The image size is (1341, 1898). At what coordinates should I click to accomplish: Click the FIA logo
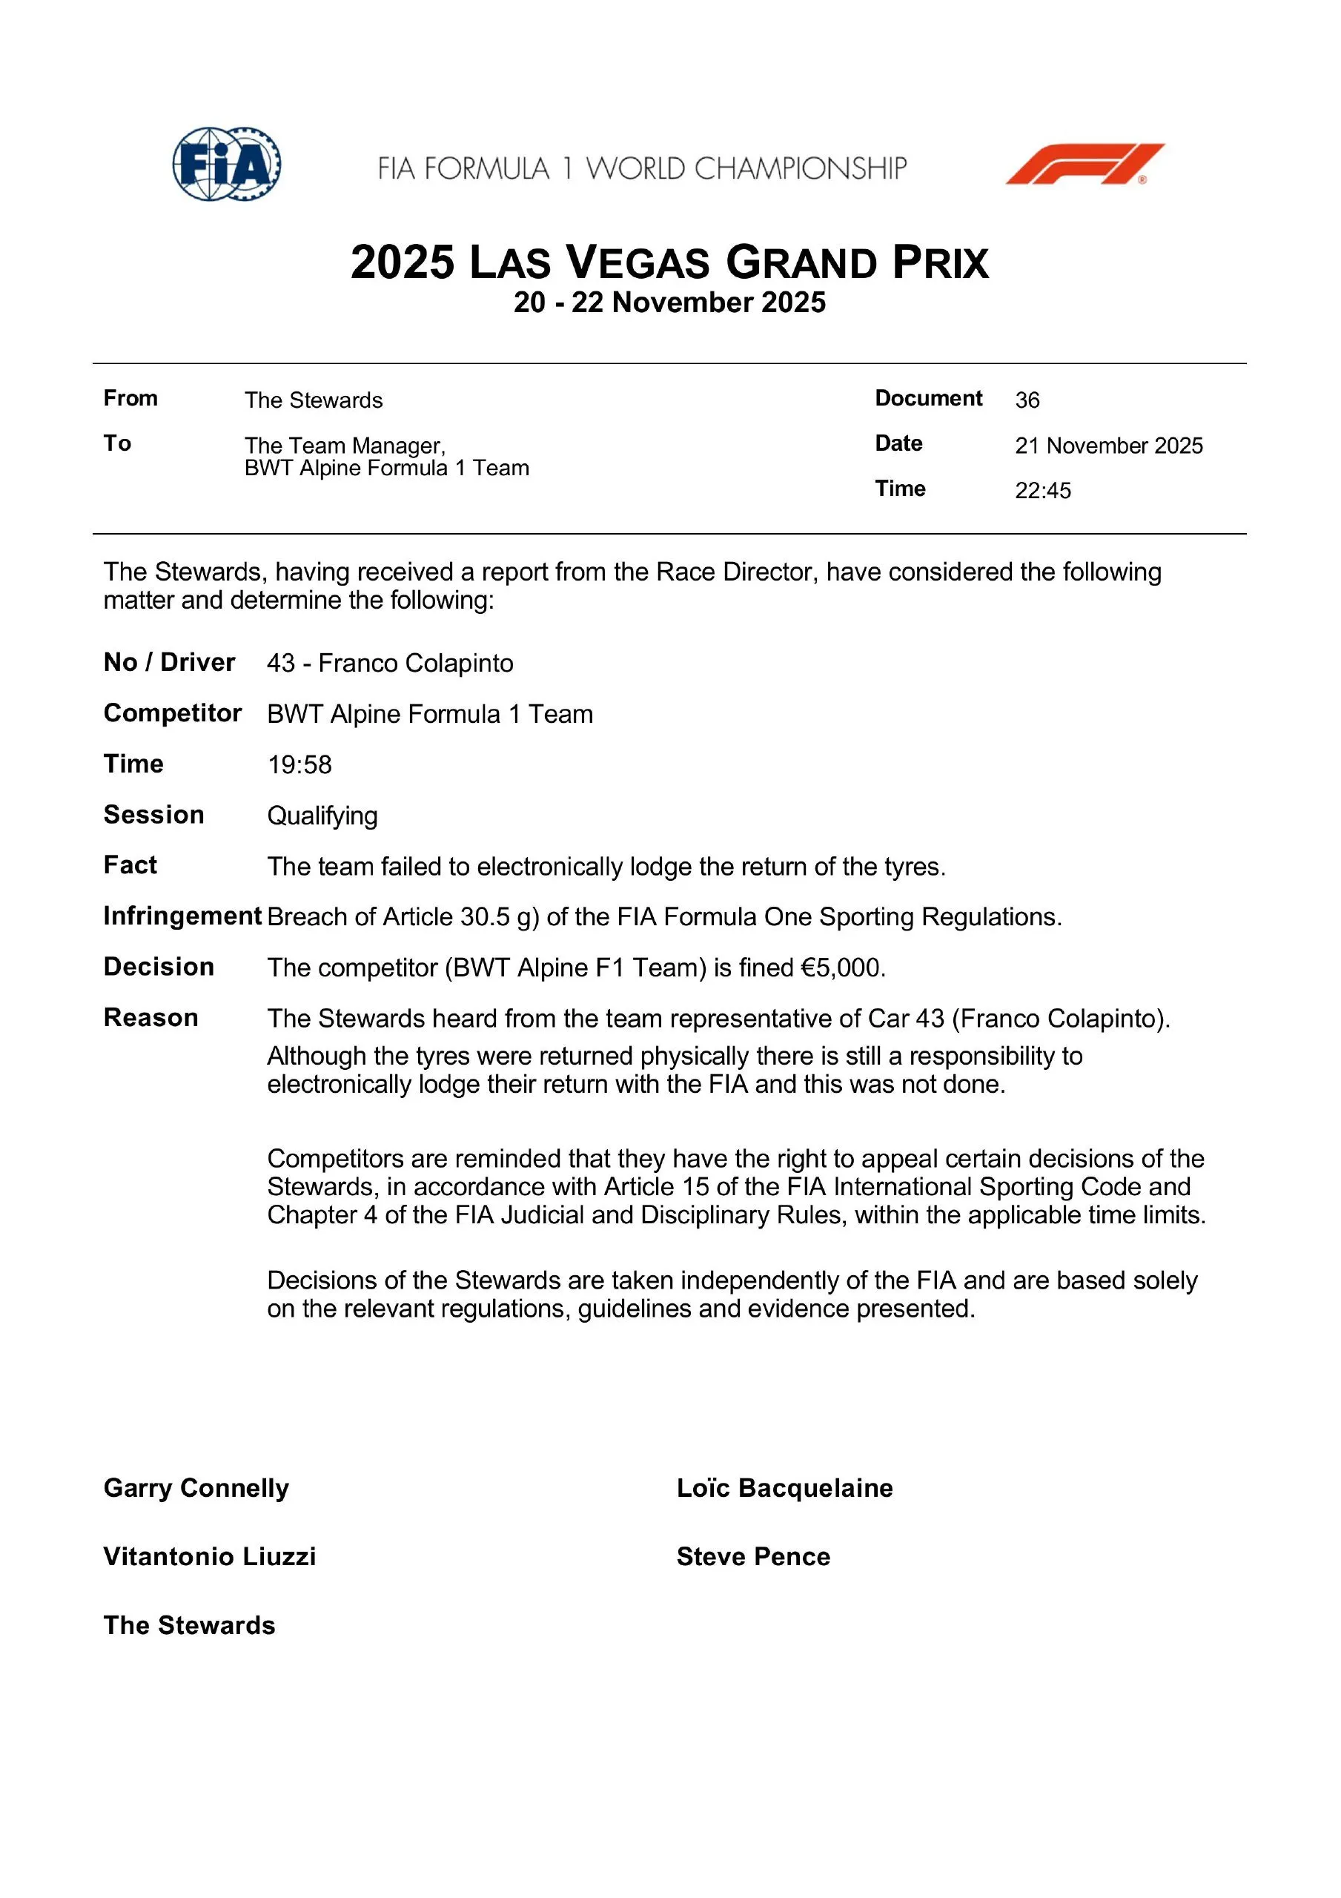pos(227,164)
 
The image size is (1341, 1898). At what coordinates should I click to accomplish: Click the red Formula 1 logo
pos(1085,164)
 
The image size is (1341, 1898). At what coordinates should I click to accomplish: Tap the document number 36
pos(1027,400)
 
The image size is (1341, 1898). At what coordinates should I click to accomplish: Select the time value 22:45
pos(1042,491)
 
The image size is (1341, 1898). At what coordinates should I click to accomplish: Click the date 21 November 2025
pos(1109,446)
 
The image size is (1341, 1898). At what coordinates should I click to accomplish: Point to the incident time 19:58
pos(299,764)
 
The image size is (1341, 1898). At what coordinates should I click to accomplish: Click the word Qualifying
pos(322,816)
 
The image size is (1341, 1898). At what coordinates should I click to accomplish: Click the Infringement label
pos(182,916)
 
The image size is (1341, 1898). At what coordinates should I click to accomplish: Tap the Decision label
pos(159,968)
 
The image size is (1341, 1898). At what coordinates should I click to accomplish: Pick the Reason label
pos(150,1018)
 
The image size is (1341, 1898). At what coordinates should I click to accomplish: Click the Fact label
pos(130,865)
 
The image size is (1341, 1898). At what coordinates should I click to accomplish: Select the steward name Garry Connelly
pos(196,1488)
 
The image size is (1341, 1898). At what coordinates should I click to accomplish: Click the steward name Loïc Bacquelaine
pos(784,1488)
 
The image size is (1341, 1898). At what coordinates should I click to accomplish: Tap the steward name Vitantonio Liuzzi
pos(209,1557)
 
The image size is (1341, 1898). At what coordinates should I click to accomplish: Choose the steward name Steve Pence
pos(753,1557)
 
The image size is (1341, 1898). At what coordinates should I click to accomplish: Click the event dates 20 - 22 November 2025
pos(669,302)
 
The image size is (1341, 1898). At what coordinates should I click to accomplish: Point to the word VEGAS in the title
pos(638,264)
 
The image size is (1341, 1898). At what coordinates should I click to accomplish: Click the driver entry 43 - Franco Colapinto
pos(390,663)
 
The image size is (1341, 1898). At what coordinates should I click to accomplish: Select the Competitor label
pos(172,713)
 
